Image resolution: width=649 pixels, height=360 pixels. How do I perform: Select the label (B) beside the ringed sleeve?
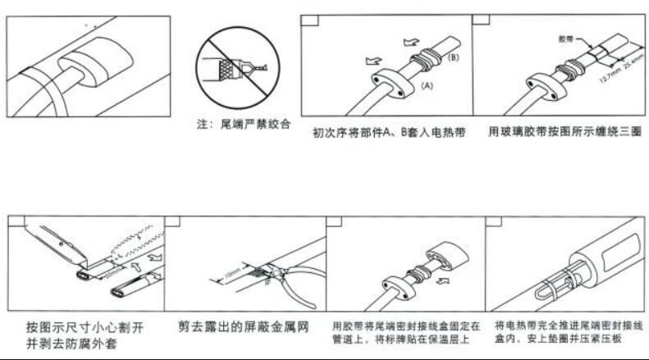[x=453, y=57]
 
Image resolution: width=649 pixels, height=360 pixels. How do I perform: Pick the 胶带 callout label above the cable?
[x=565, y=39]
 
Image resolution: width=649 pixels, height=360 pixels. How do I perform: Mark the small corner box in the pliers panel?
[x=172, y=221]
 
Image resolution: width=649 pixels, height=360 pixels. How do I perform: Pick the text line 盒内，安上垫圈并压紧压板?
[x=564, y=338]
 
